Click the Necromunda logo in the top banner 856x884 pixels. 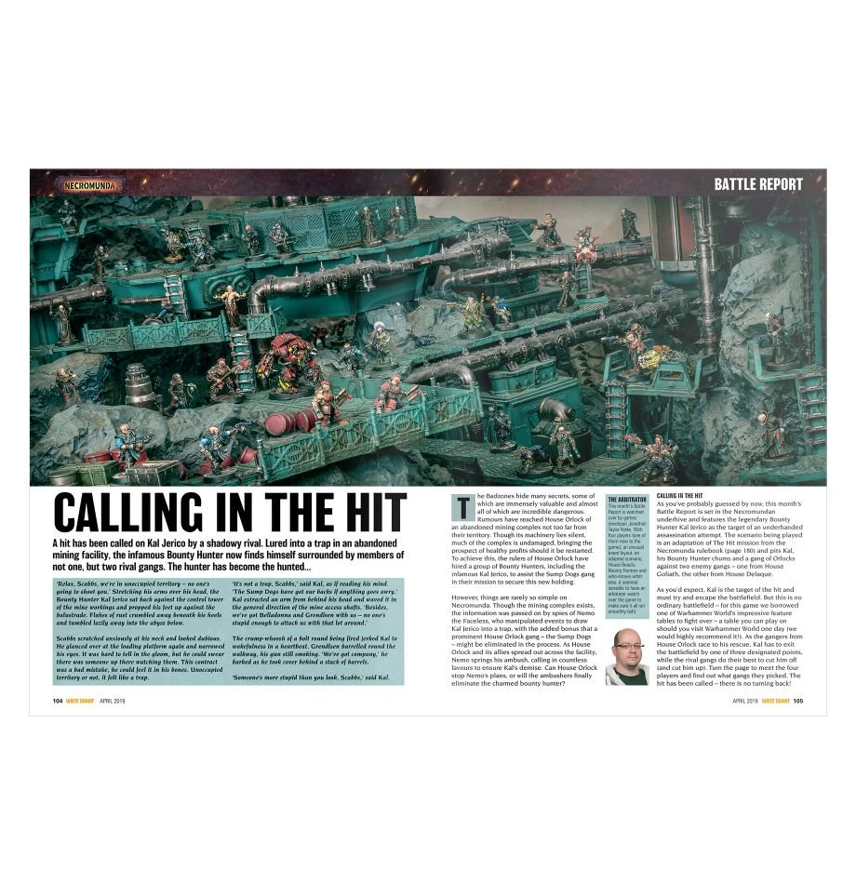94,183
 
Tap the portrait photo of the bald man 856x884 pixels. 625,656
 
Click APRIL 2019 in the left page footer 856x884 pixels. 111,701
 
